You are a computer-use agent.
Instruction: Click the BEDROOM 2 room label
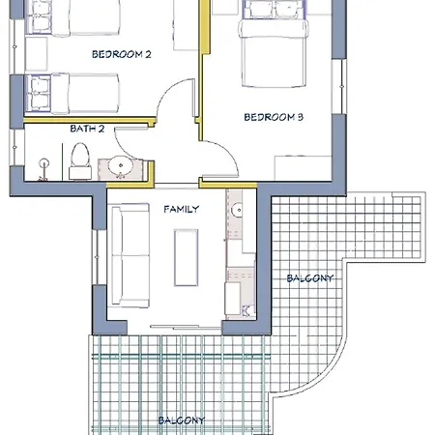pyautogui.click(x=122, y=54)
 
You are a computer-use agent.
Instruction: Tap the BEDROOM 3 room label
pyautogui.click(x=274, y=117)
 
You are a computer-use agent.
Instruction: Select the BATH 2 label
pyautogui.click(x=87, y=129)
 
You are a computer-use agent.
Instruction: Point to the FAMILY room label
pyautogui.click(x=182, y=209)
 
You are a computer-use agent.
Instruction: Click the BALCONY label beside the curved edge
pyautogui.click(x=310, y=278)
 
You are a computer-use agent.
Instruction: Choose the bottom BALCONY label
pyautogui.click(x=182, y=420)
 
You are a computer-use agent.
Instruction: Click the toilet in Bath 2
pyautogui.click(x=80, y=160)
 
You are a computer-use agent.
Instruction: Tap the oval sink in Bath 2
pyautogui.click(x=121, y=165)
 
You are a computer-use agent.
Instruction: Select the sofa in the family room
pyautogui.click(x=130, y=255)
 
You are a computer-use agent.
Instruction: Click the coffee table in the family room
pyautogui.click(x=186, y=257)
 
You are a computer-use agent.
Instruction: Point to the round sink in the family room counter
pyautogui.click(x=238, y=210)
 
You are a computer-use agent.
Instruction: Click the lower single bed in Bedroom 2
pyautogui.click(x=72, y=94)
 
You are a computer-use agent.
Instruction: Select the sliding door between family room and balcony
pyautogui.click(x=186, y=327)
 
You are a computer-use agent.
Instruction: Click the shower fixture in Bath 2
pyautogui.click(x=43, y=169)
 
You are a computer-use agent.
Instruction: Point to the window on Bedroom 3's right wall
pyautogui.click(x=339, y=86)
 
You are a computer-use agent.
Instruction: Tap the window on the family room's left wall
pyautogui.click(x=97, y=257)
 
